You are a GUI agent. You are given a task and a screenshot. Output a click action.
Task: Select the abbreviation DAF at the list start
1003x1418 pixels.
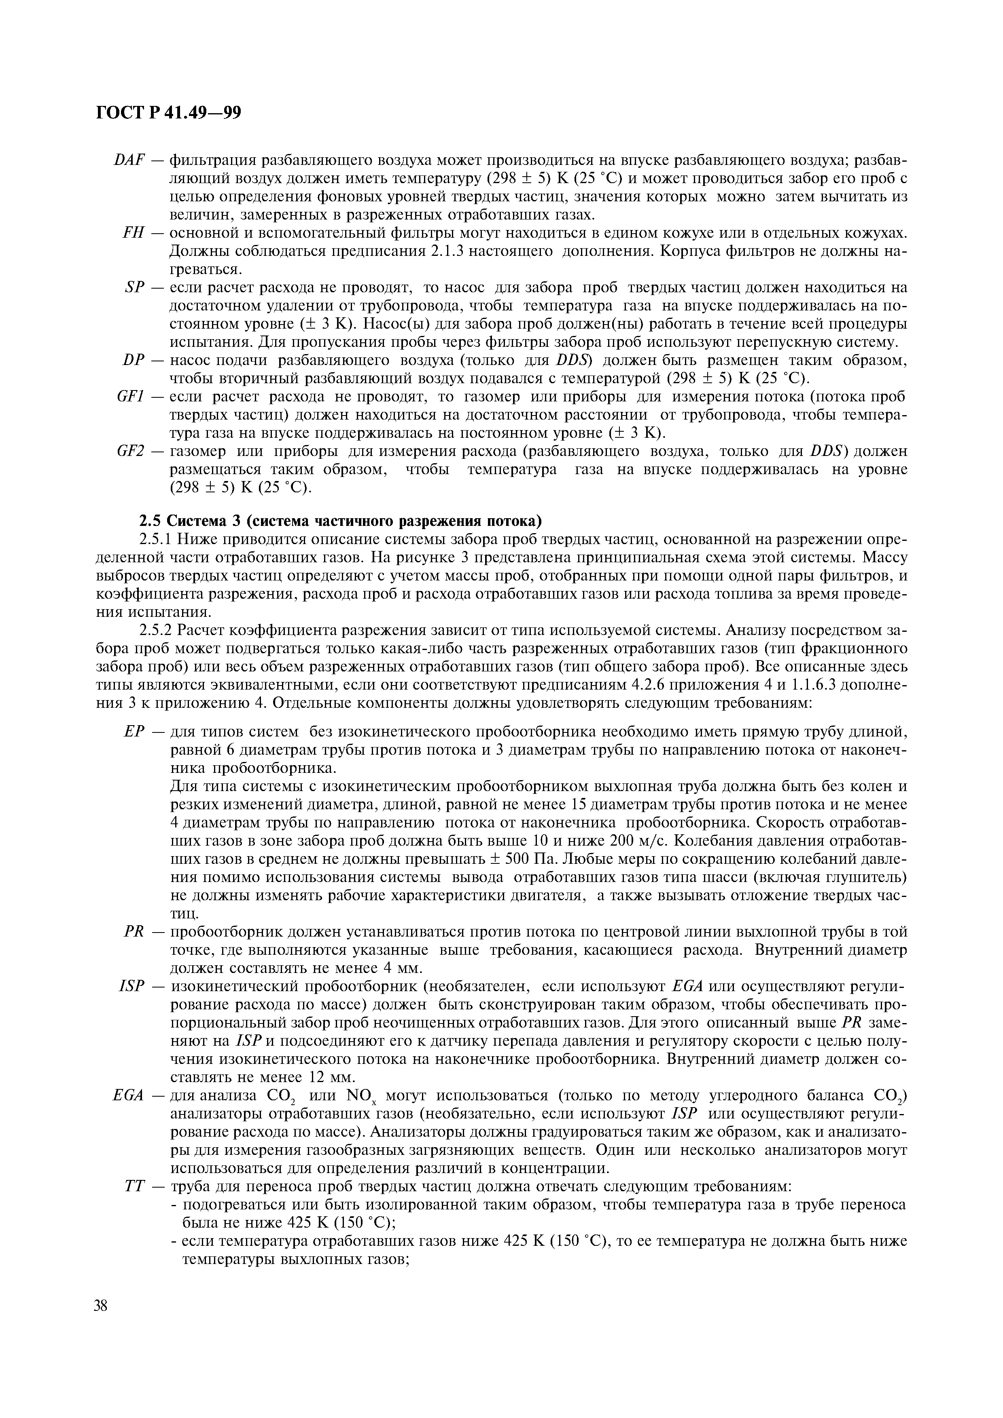pyautogui.click(x=129, y=160)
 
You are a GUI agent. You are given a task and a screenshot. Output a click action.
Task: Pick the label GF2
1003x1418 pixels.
pyautogui.click(x=130, y=452)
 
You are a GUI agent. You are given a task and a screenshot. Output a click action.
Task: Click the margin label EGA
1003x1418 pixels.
pyautogui.click(x=129, y=1095)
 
